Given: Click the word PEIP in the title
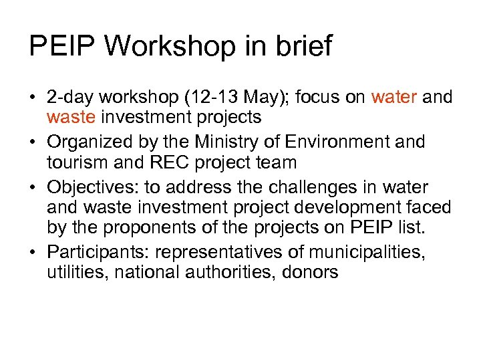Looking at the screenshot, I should coord(62,46).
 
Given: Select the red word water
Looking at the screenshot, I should coord(393,97).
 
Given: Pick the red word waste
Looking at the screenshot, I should coord(71,118).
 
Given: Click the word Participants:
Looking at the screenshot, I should coord(98,252).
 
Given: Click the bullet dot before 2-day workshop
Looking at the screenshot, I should coord(32,98).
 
